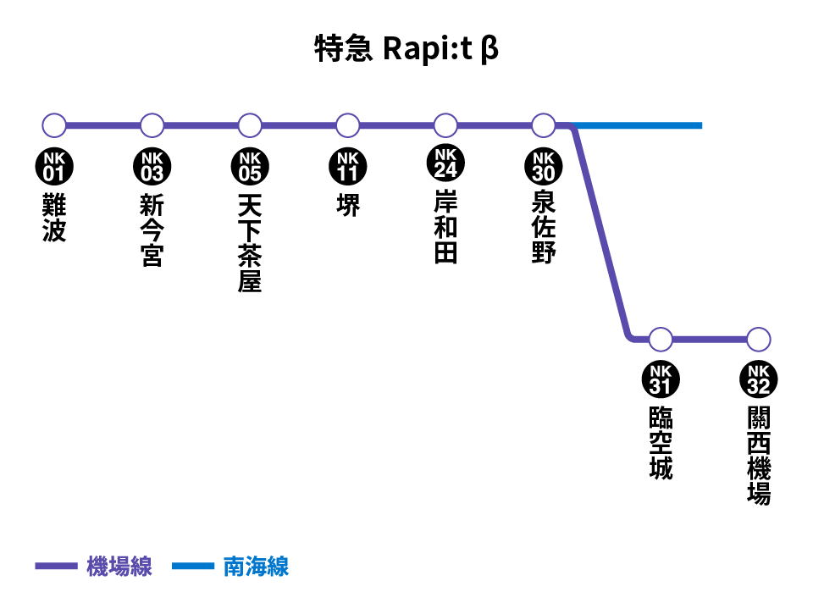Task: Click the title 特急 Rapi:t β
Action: coord(406,49)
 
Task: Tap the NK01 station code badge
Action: coord(54,167)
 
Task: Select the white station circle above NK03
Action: coord(152,125)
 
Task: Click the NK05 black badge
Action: coord(250,167)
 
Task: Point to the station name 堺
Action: coord(348,205)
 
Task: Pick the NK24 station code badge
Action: coord(445,163)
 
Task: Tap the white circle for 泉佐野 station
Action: coord(544,125)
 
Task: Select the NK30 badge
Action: coord(544,167)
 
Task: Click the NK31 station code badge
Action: coord(661,379)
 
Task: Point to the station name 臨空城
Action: coord(661,443)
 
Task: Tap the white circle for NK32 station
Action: coord(759,340)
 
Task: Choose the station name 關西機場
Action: coord(759,456)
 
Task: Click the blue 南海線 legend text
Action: coord(256,567)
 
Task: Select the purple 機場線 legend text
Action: coord(119,567)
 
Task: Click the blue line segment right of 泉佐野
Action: coord(637,125)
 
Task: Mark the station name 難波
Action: coord(54,218)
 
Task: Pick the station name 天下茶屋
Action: coord(250,243)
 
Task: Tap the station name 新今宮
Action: coord(152,230)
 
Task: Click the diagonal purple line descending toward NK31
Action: coord(601,233)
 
